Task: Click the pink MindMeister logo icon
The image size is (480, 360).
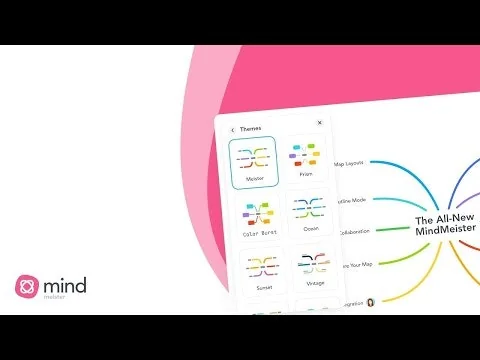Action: (26, 286)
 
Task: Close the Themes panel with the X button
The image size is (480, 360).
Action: (319, 123)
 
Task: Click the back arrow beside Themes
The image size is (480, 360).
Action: (232, 130)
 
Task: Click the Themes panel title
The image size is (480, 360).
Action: (250, 130)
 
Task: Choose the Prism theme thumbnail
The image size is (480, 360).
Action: (307, 161)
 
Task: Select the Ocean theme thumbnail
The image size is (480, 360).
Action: (311, 213)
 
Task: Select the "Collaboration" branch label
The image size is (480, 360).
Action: (353, 231)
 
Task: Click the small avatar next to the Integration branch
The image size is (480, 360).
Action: (371, 302)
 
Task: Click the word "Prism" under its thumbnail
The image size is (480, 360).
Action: (307, 177)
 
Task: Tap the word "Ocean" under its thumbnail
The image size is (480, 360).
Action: (311, 231)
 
